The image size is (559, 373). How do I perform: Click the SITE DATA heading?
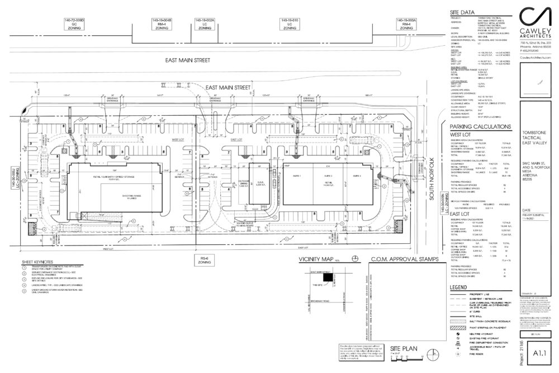pyautogui.click(x=463, y=12)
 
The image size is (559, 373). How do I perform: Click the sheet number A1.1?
pyautogui.click(x=539, y=353)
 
